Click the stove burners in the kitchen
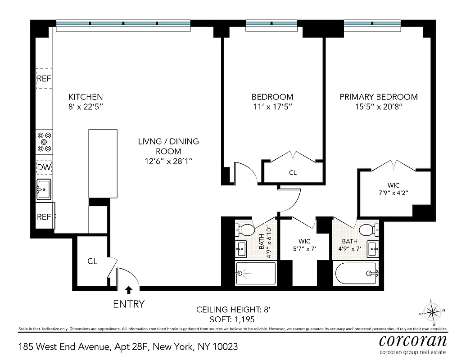[44, 141]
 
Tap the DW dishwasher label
[44, 168]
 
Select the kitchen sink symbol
[44, 189]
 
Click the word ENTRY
[129, 304]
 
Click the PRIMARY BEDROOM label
[378, 97]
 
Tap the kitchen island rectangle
[103, 163]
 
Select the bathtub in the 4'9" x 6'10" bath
[256, 273]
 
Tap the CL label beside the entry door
[92, 261]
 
